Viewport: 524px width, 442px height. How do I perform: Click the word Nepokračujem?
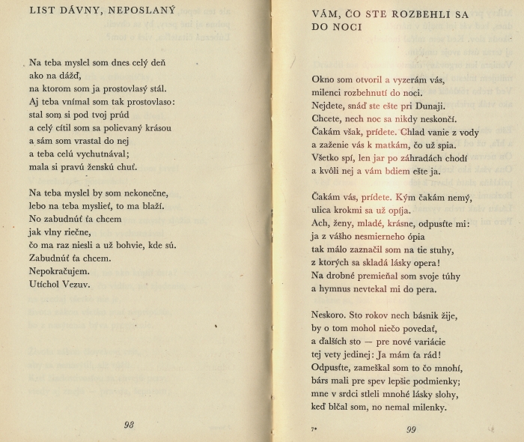point(60,271)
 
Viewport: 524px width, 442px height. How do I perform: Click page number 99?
point(411,429)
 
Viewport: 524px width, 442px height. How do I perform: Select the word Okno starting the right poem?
point(324,79)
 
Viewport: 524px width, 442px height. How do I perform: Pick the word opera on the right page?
point(421,263)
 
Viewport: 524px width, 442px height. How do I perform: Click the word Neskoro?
point(331,315)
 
